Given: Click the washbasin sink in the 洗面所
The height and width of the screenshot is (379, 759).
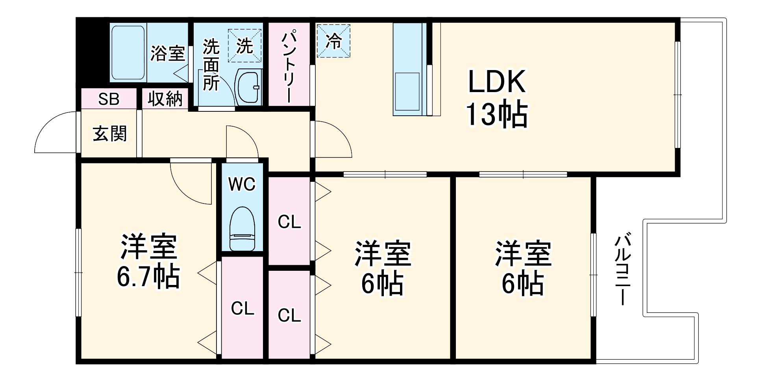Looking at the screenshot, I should click(x=248, y=87).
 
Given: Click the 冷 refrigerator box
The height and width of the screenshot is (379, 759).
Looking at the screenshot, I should click(x=333, y=41).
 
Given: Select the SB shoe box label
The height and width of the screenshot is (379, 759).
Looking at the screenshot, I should click(x=109, y=99).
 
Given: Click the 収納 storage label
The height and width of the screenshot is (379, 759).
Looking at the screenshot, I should click(x=165, y=99).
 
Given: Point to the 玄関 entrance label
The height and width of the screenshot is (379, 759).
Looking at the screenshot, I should click(x=109, y=134).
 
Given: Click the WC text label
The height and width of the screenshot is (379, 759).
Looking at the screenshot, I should click(x=242, y=184).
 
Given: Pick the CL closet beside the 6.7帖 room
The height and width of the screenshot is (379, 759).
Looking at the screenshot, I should click(x=242, y=309).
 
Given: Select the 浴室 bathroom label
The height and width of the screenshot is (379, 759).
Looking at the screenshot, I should click(x=168, y=54).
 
